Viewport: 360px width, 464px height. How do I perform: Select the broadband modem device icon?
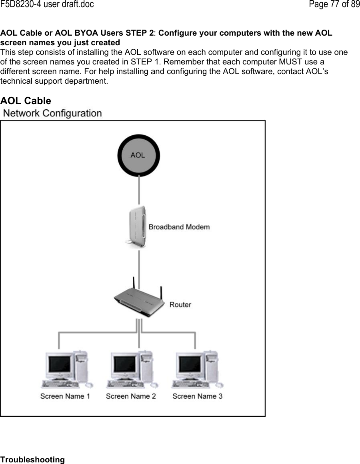pos(136,227)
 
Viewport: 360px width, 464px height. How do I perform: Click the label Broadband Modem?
pos(179,227)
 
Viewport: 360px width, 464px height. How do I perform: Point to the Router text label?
pos(180,305)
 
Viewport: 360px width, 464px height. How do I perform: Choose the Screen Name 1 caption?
pos(65,396)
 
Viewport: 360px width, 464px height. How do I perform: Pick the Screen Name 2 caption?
pos(131,396)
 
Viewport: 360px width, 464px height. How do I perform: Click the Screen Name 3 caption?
pos(197,396)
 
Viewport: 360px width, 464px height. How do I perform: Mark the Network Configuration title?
pos(52,113)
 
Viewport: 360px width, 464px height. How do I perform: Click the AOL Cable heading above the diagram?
pos(26,100)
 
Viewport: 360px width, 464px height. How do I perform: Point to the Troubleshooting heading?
pos(32,460)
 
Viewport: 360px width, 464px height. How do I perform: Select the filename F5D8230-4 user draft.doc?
pos(47,5)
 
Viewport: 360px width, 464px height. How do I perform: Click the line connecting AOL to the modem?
pos(138,190)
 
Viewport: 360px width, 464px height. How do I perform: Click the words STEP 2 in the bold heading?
pos(140,33)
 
